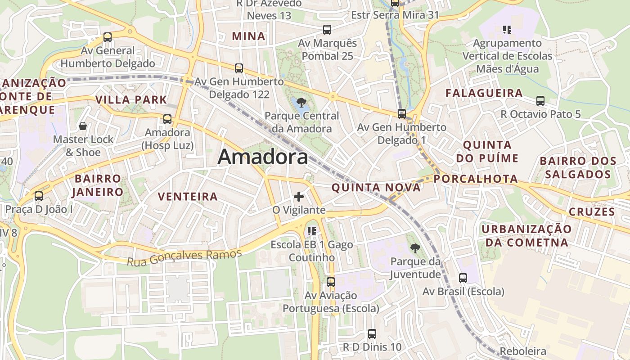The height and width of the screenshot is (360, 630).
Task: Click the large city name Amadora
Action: click(263, 157)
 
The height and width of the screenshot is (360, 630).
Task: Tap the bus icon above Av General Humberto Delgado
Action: click(107, 37)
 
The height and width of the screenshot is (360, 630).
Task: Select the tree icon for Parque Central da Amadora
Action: click(301, 103)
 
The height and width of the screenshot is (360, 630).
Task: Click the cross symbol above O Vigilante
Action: click(298, 197)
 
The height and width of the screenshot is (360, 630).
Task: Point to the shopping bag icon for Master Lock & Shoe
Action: click(82, 126)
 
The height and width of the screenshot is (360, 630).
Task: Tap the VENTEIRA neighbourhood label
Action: click(188, 197)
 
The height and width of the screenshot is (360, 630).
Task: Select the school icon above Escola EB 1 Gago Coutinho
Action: click(311, 231)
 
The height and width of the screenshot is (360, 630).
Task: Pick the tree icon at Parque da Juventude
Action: click(415, 247)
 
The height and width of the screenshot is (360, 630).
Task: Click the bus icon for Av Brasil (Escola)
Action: click(463, 278)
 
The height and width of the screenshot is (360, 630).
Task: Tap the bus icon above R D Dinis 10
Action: click(372, 334)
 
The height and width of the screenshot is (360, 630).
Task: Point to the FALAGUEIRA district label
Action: click(484, 93)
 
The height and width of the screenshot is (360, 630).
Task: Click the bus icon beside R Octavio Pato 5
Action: click(540, 101)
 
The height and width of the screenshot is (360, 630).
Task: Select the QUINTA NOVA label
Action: click(376, 188)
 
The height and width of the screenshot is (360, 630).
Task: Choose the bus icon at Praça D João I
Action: click(39, 196)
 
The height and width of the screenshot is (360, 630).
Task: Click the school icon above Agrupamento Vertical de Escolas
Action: click(507, 30)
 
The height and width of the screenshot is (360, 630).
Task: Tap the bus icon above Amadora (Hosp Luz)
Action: click(167, 119)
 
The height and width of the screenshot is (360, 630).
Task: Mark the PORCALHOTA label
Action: click(476, 179)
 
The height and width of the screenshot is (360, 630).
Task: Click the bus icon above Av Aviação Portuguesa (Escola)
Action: click(331, 282)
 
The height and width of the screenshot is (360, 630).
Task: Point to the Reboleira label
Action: click(523, 351)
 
